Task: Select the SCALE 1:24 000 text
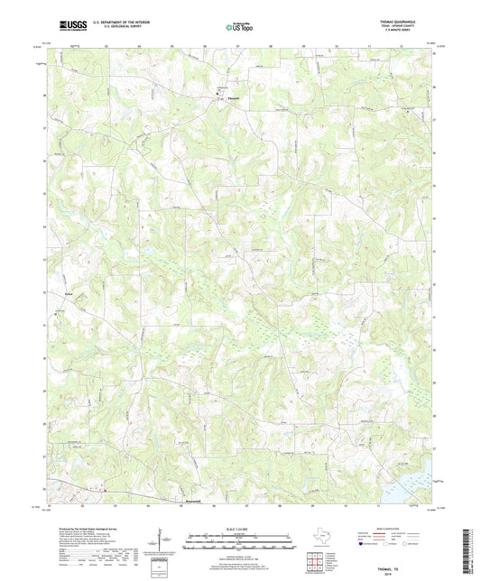tap(240, 530)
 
